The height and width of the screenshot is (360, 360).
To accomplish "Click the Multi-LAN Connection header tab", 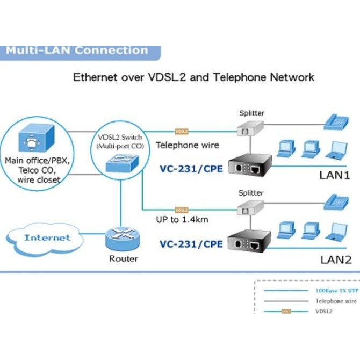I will click(77, 51).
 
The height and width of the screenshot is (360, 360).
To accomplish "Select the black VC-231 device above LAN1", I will click(251, 165).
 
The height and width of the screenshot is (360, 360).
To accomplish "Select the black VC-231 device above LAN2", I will click(251, 243).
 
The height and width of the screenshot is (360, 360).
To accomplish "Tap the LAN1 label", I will click(335, 175).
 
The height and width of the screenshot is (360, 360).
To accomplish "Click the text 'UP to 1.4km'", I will click(182, 220).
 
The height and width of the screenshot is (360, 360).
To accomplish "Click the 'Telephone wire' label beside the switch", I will click(188, 145).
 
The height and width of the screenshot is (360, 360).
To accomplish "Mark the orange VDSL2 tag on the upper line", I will click(182, 131).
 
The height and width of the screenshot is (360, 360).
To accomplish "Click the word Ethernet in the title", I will click(94, 77).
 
